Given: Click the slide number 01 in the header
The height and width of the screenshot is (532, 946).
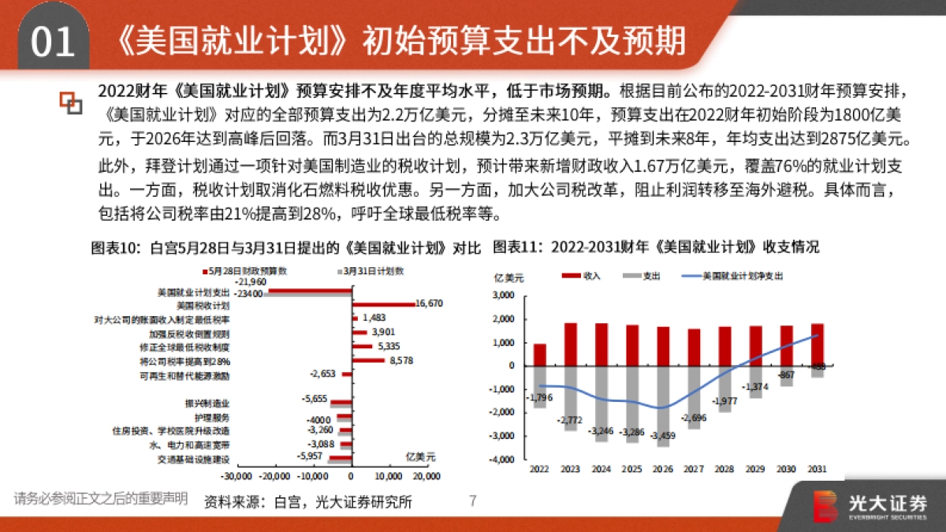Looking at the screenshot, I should [52, 40].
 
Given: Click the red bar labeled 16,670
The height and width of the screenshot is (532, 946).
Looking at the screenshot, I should [383, 303].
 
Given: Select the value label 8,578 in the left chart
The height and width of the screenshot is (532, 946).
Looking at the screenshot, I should [400, 360].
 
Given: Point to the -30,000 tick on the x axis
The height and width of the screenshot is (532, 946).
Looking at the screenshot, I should [236, 477].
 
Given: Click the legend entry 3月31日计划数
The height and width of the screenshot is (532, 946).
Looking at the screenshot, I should [372, 270].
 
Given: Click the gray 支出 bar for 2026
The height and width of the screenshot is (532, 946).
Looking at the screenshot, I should [664, 405].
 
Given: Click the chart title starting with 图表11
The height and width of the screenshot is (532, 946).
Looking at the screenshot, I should [656, 247].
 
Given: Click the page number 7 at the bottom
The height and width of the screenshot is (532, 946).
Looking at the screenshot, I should [473, 500].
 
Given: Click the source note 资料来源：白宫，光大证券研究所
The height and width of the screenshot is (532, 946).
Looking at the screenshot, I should [307, 501].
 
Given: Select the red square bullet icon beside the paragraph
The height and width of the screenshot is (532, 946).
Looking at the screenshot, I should [71, 102].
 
